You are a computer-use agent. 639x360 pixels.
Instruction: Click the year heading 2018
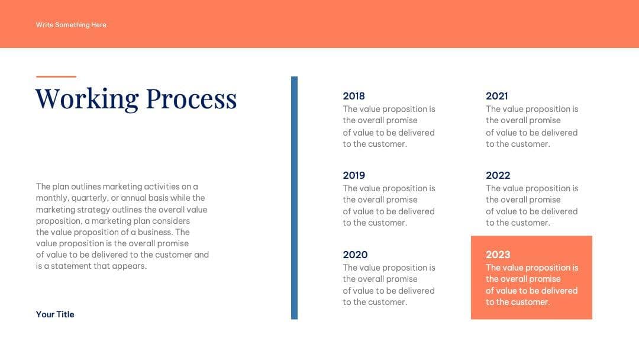point(354,96)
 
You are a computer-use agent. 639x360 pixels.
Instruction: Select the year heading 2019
point(354,175)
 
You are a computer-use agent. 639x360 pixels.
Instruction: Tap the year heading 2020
point(355,255)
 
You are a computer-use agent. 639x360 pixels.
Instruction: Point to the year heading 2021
point(497,96)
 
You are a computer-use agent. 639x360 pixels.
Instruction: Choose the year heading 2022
point(498,175)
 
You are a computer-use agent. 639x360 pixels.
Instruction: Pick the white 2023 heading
point(498,255)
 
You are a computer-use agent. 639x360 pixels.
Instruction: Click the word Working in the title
point(87,99)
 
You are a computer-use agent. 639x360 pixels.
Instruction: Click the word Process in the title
point(191,99)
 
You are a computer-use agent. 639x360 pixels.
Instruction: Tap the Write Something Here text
point(71,25)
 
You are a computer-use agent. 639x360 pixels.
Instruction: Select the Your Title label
point(55,314)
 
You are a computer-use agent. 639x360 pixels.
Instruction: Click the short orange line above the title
point(56,76)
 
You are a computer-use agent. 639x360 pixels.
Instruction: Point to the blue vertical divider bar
point(294,198)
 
